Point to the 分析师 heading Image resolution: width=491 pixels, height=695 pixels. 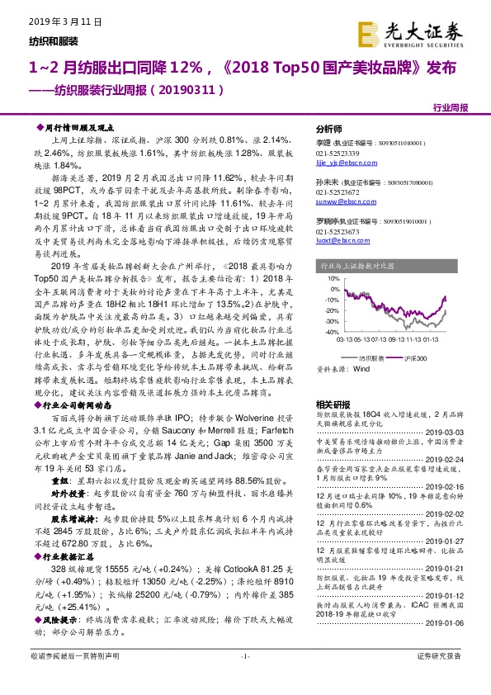click(x=328, y=130)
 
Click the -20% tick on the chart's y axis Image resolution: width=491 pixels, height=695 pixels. click(x=331, y=310)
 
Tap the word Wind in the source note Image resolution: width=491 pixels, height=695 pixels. click(x=361, y=369)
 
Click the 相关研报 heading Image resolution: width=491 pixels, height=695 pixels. click(x=332, y=404)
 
